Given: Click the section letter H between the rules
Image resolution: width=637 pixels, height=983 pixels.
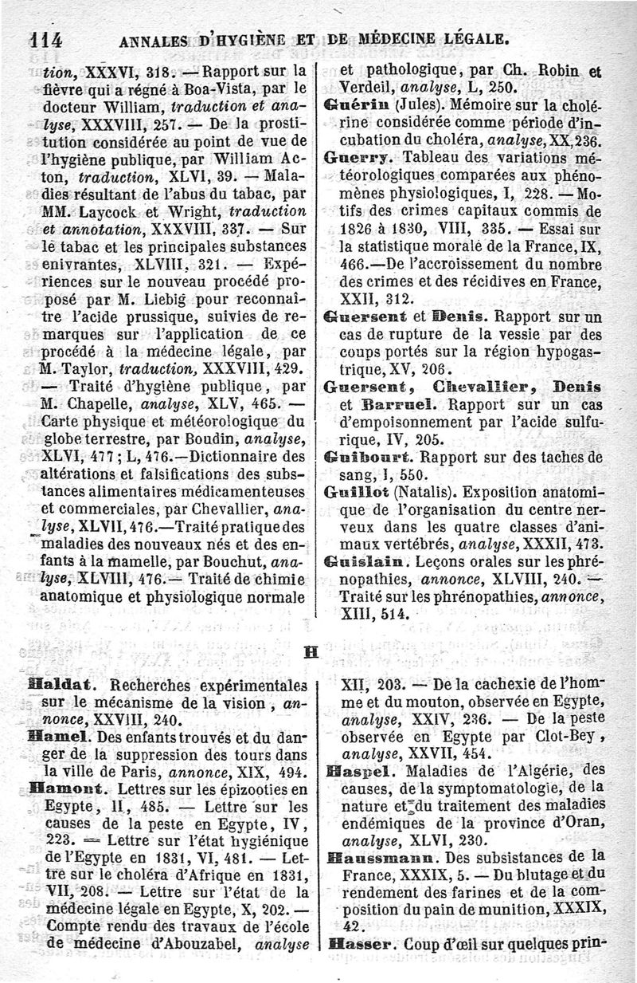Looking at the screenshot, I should pos(311,651).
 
